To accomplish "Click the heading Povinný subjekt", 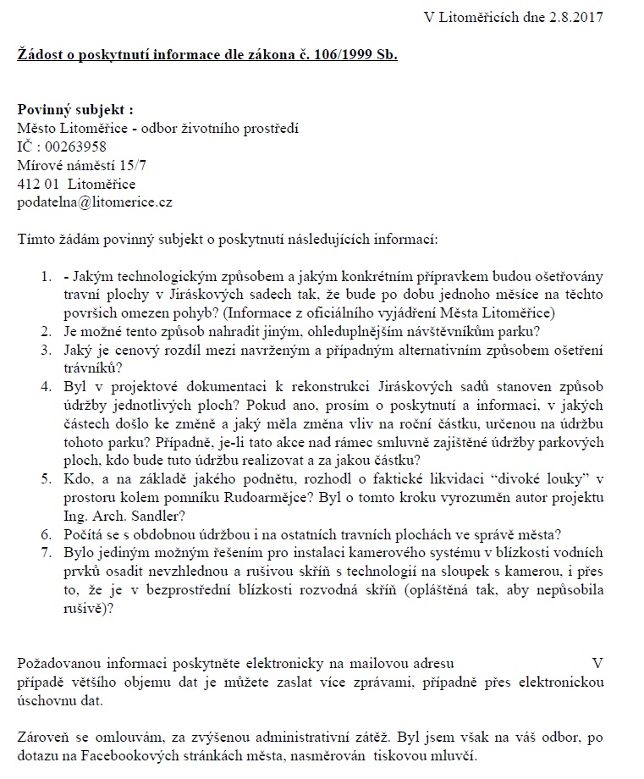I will [75, 110].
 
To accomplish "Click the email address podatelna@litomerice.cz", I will [95, 202].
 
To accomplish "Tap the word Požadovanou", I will [56, 662].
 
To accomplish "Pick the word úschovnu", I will [47, 700].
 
